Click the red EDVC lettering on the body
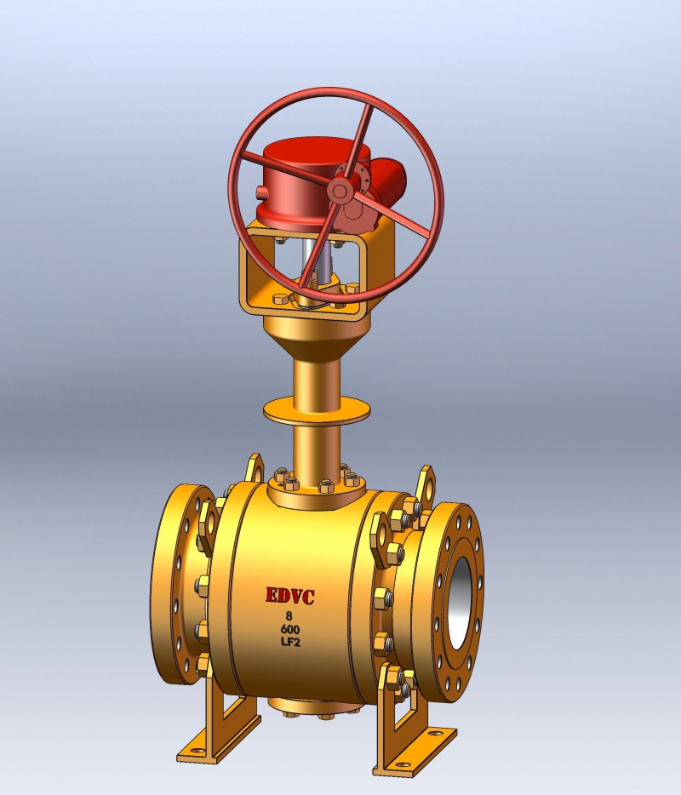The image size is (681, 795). [x=290, y=596]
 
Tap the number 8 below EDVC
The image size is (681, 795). [x=289, y=615]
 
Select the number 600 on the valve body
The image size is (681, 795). [x=289, y=629]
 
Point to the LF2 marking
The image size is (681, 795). [x=289, y=643]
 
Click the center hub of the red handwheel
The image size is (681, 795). [x=340, y=192]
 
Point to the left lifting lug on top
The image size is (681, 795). [x=254, y=468]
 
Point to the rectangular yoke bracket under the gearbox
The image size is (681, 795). [x=255, y=272]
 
